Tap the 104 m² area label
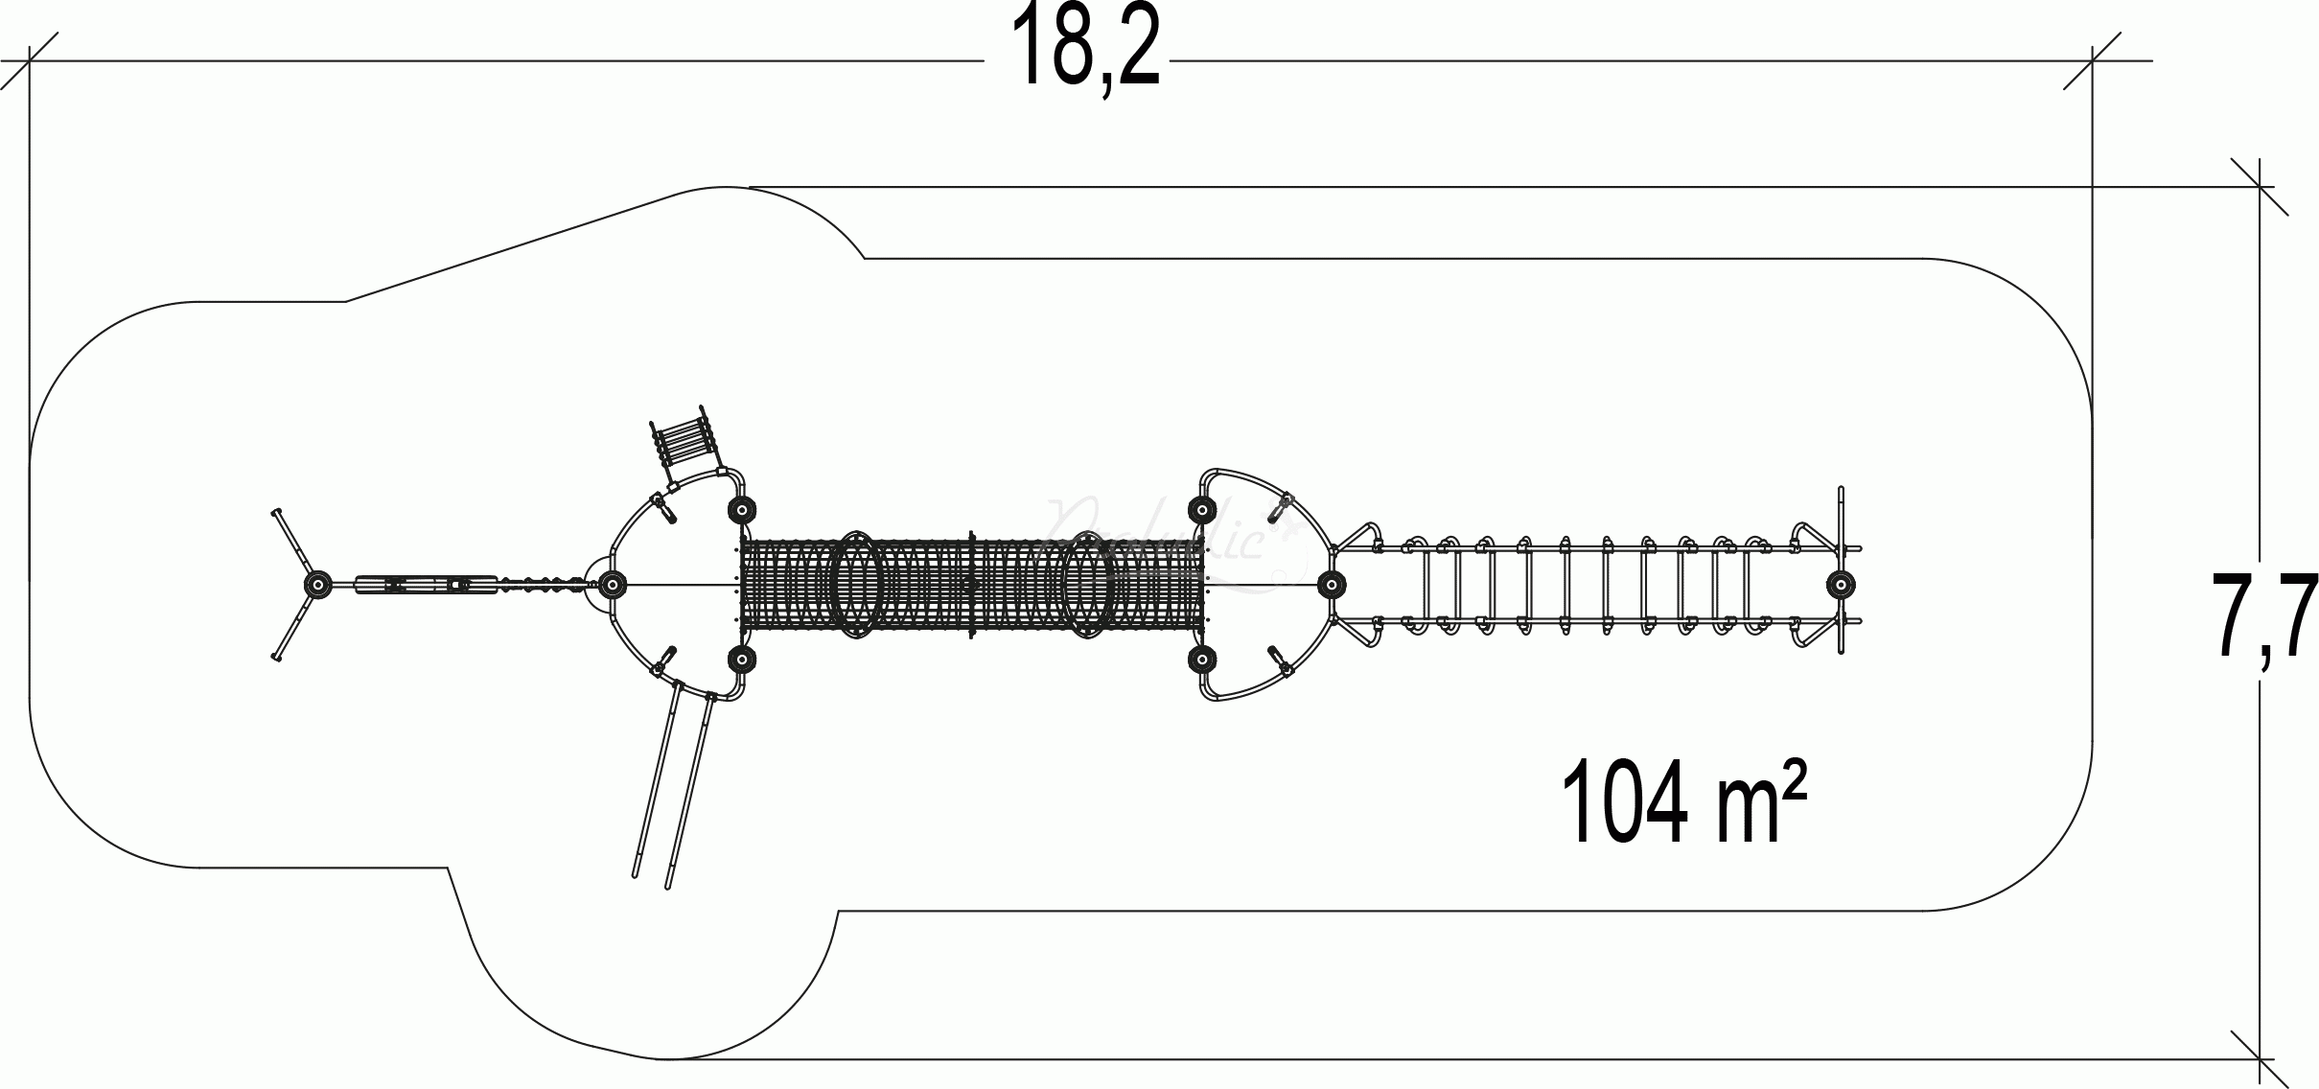[x=1683, y=801]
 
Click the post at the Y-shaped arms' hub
[x=317, y=584]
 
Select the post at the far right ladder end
[x=1840, y=584]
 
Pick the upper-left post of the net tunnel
[x=740, y=509]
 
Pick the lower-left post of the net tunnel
[x=740, y=659]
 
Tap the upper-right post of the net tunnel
[x=1201, y=509]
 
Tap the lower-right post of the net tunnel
[x=1201, y=659]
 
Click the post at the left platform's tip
[x=612, y=583]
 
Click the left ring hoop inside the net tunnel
[x=854, y=584]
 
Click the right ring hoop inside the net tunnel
[x=1088, y=584]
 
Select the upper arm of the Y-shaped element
[x=294, y=544]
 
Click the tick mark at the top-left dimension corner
[x=30, y=61]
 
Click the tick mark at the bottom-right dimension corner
[x=2261, y=1059]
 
